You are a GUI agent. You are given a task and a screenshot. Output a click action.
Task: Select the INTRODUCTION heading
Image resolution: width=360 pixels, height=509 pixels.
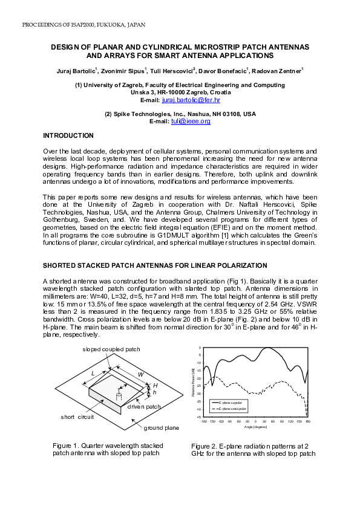68,135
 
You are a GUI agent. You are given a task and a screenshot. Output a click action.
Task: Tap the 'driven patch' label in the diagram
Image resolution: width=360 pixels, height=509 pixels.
144,407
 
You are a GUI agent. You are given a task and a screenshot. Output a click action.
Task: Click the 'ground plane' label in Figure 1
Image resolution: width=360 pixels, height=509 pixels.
161,428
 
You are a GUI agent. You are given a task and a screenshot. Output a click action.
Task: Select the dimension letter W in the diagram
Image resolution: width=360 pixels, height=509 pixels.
140,374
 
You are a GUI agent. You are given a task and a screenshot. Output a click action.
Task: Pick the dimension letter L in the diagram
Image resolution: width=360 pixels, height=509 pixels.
93,374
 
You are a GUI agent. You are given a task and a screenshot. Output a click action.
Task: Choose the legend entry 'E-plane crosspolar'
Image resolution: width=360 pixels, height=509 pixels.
232,409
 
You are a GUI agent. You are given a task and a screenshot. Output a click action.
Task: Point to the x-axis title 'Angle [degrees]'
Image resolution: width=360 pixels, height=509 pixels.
255,427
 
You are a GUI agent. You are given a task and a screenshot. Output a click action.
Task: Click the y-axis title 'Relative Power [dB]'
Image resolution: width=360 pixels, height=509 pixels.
192,382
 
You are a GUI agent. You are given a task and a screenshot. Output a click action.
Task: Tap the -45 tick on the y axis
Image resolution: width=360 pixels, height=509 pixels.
198,417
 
